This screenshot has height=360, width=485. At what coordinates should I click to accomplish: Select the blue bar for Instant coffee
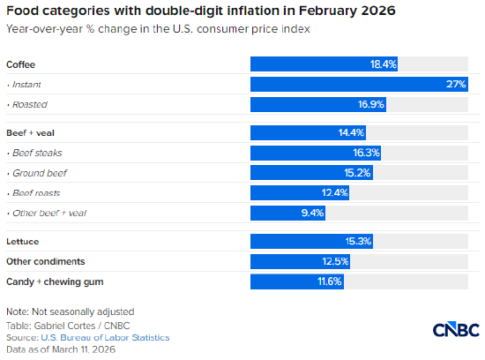pos(358,85)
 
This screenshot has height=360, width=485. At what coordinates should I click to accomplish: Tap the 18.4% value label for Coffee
pos(384,64)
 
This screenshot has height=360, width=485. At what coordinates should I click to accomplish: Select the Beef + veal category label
pos(32,133)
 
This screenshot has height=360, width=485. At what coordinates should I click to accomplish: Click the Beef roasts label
pos(38,192)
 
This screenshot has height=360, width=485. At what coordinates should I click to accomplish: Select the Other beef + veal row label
pos(48,213)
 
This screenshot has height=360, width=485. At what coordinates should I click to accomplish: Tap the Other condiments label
pos(45,261)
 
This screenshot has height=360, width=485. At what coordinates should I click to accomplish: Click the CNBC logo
pos(454,329)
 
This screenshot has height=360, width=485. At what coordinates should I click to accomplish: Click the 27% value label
pos(455,85)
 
